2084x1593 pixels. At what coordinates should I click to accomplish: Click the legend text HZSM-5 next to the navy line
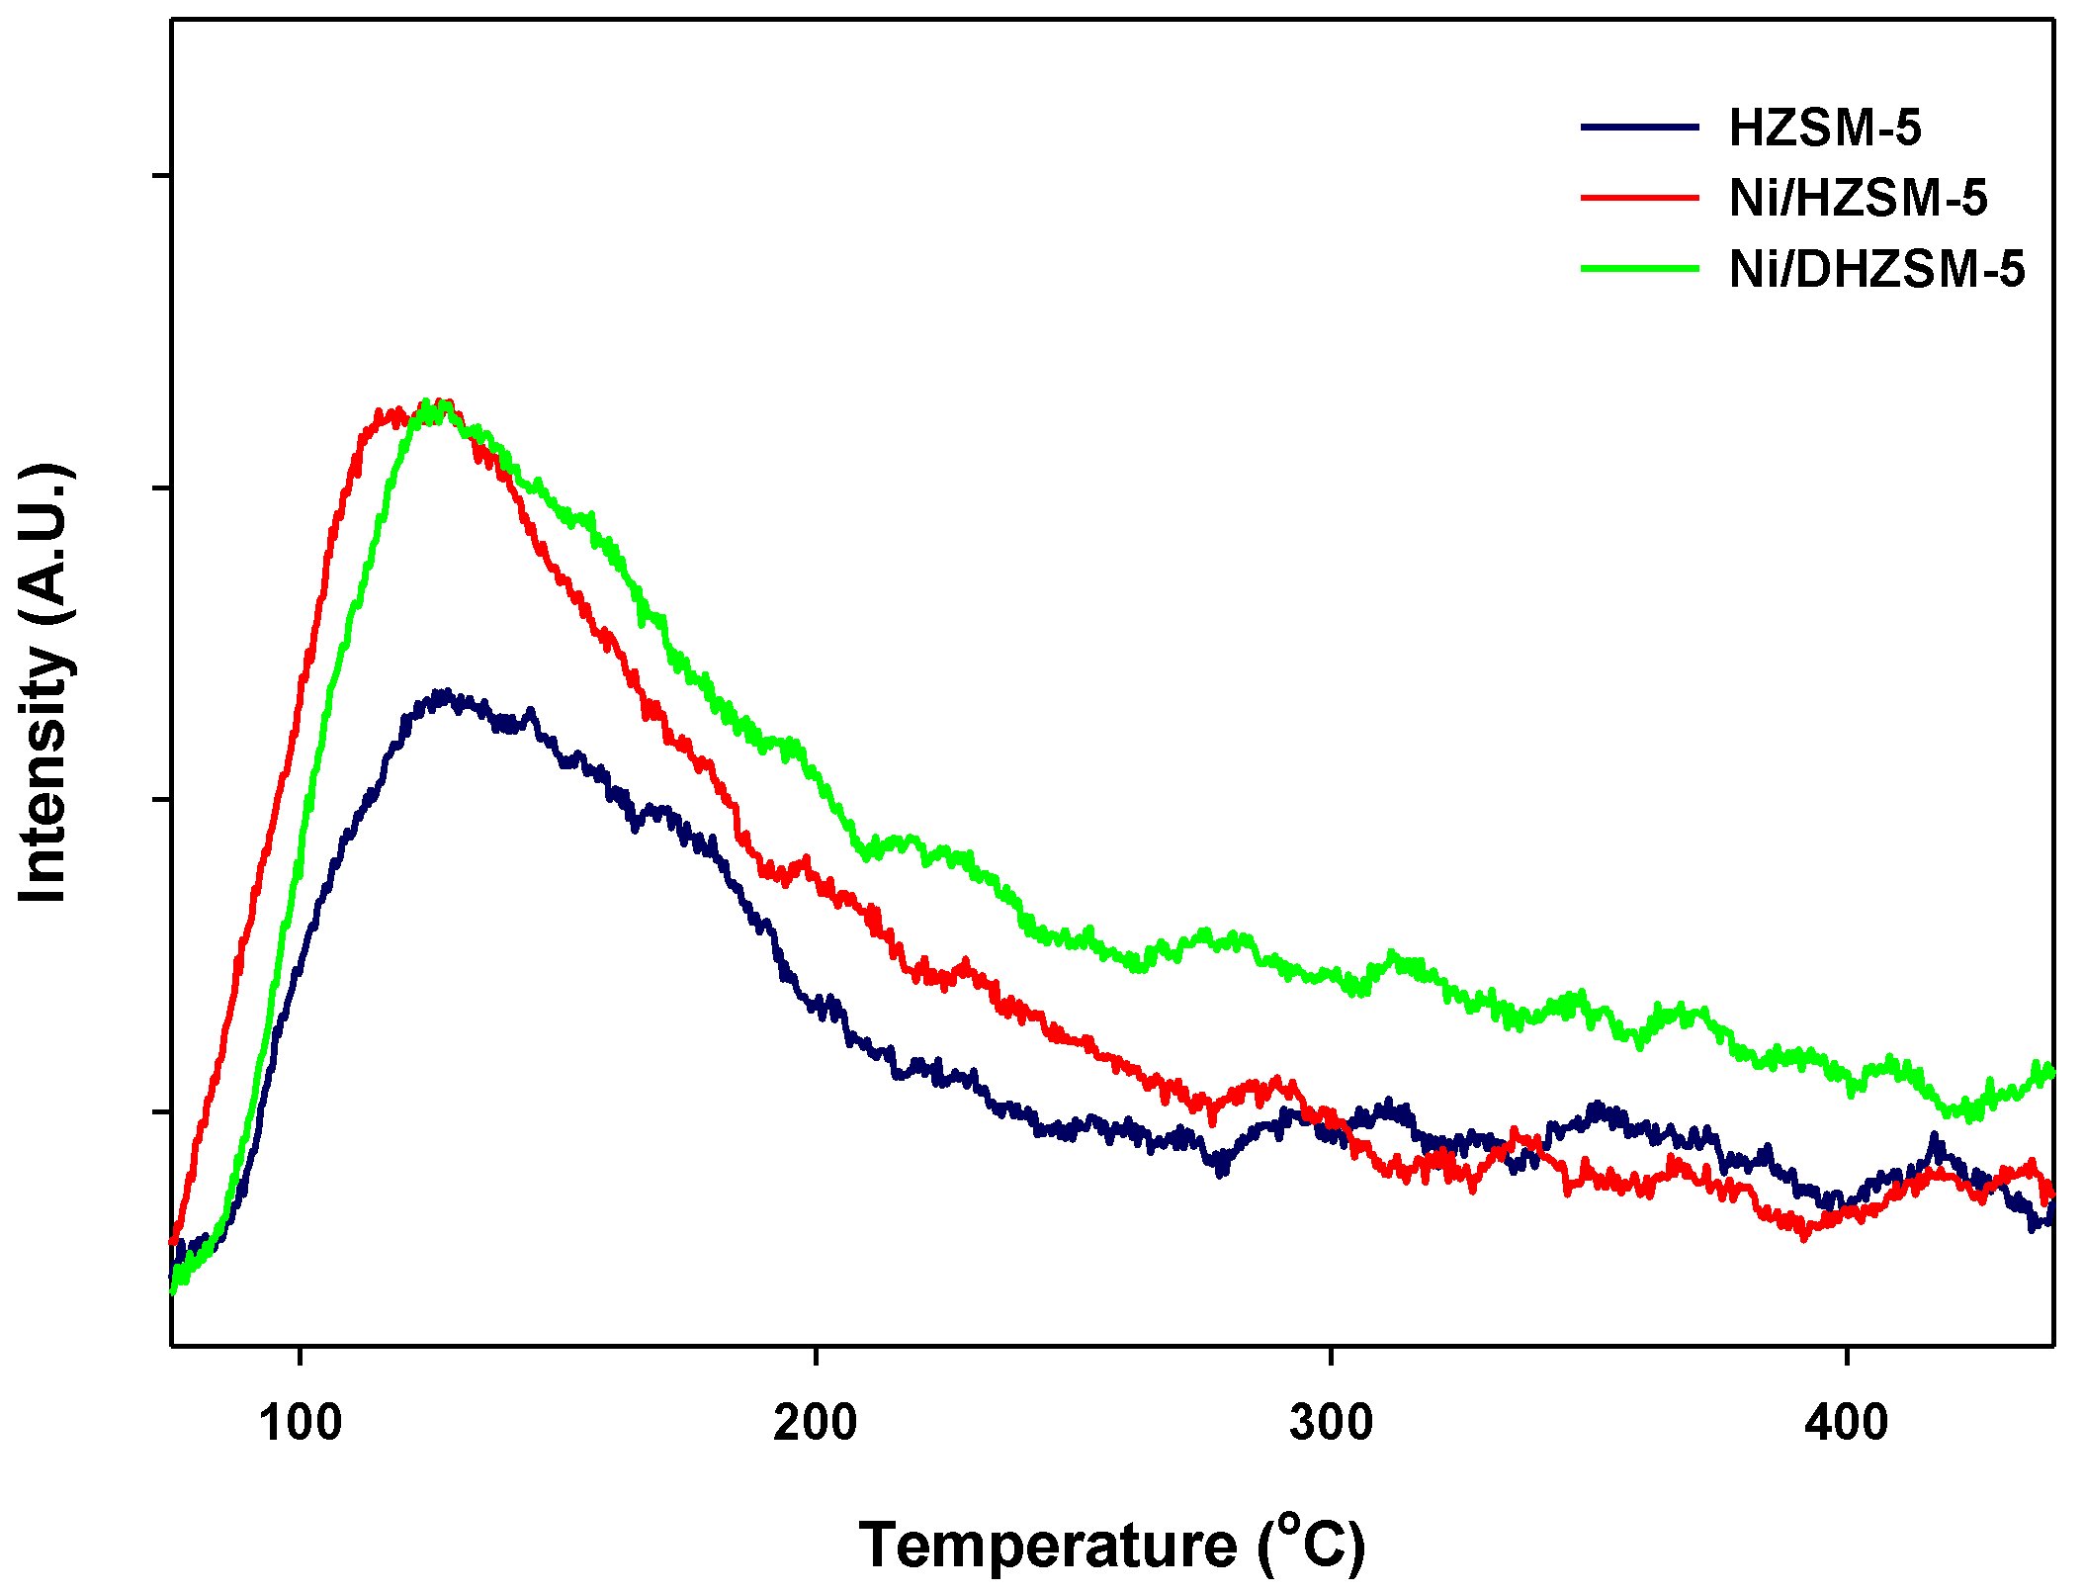(x=1825, y=129)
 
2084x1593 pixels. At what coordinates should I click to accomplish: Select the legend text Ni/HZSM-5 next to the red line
(x=1858, y=199)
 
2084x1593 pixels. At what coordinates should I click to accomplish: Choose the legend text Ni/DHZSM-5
(x=1876, y=269)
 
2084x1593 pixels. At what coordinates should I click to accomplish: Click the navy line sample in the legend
(x=1640, y=128)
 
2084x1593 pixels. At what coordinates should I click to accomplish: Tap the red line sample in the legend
(x=1640, y=198)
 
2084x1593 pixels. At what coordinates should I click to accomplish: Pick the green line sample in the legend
(x=1640, y=268)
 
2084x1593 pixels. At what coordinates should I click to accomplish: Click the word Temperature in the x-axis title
(x=1048, y=1546)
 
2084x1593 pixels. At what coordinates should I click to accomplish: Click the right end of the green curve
(x=2051, y=1071)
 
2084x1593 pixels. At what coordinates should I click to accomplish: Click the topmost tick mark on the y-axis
(x=161, y=177)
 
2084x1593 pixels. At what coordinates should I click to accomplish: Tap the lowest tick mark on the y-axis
(x=161, y=1111)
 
